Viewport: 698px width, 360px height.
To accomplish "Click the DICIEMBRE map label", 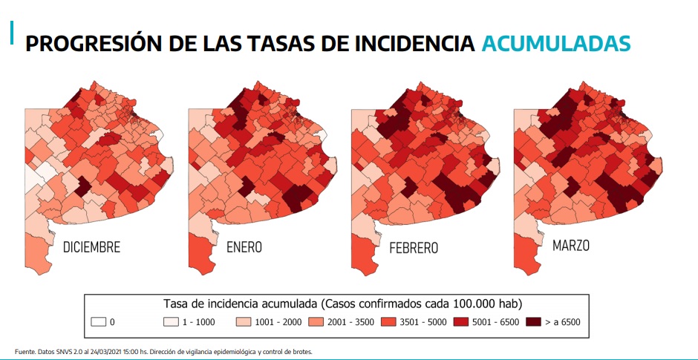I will [x=92, y=247].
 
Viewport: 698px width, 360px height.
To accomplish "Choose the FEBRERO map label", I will [x=413, y=247].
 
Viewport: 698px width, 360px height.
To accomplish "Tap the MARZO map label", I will [x=570, y=245].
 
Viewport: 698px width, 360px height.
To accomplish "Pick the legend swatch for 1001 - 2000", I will [x=243, y=322].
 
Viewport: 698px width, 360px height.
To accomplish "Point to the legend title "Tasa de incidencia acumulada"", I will [x=238, y=304].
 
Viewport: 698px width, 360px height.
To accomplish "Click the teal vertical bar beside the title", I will [x=12, y=33].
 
